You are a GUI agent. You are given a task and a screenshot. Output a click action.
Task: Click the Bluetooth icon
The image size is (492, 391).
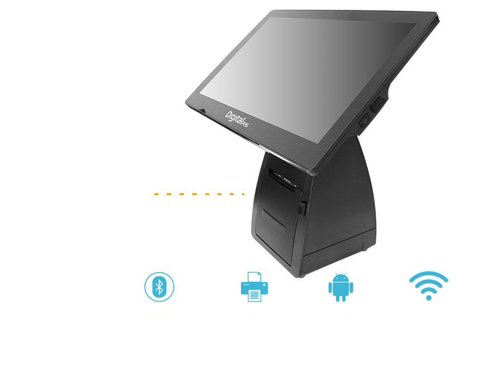[159, 287]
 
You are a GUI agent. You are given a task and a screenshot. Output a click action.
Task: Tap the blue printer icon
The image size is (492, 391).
[254, 287]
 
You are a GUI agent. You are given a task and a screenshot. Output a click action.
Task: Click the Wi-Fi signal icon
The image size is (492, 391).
[428, 285]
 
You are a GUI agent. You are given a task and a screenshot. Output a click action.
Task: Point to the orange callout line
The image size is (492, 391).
[205, 194]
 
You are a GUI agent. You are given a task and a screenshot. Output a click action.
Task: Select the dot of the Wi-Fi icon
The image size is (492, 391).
[428, 298]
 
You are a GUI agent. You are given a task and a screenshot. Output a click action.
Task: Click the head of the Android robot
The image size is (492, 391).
[340, 277]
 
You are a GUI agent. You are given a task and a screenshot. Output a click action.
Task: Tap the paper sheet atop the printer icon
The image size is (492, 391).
[254, 276]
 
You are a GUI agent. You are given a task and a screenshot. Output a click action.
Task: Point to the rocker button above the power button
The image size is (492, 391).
[379, 103]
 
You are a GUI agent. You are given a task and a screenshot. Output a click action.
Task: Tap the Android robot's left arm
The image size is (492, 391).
[330, 289]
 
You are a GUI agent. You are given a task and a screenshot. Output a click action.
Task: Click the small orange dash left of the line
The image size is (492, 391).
[157, 194]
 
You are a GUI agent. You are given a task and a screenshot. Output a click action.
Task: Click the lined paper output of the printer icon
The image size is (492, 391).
[254, 295]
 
